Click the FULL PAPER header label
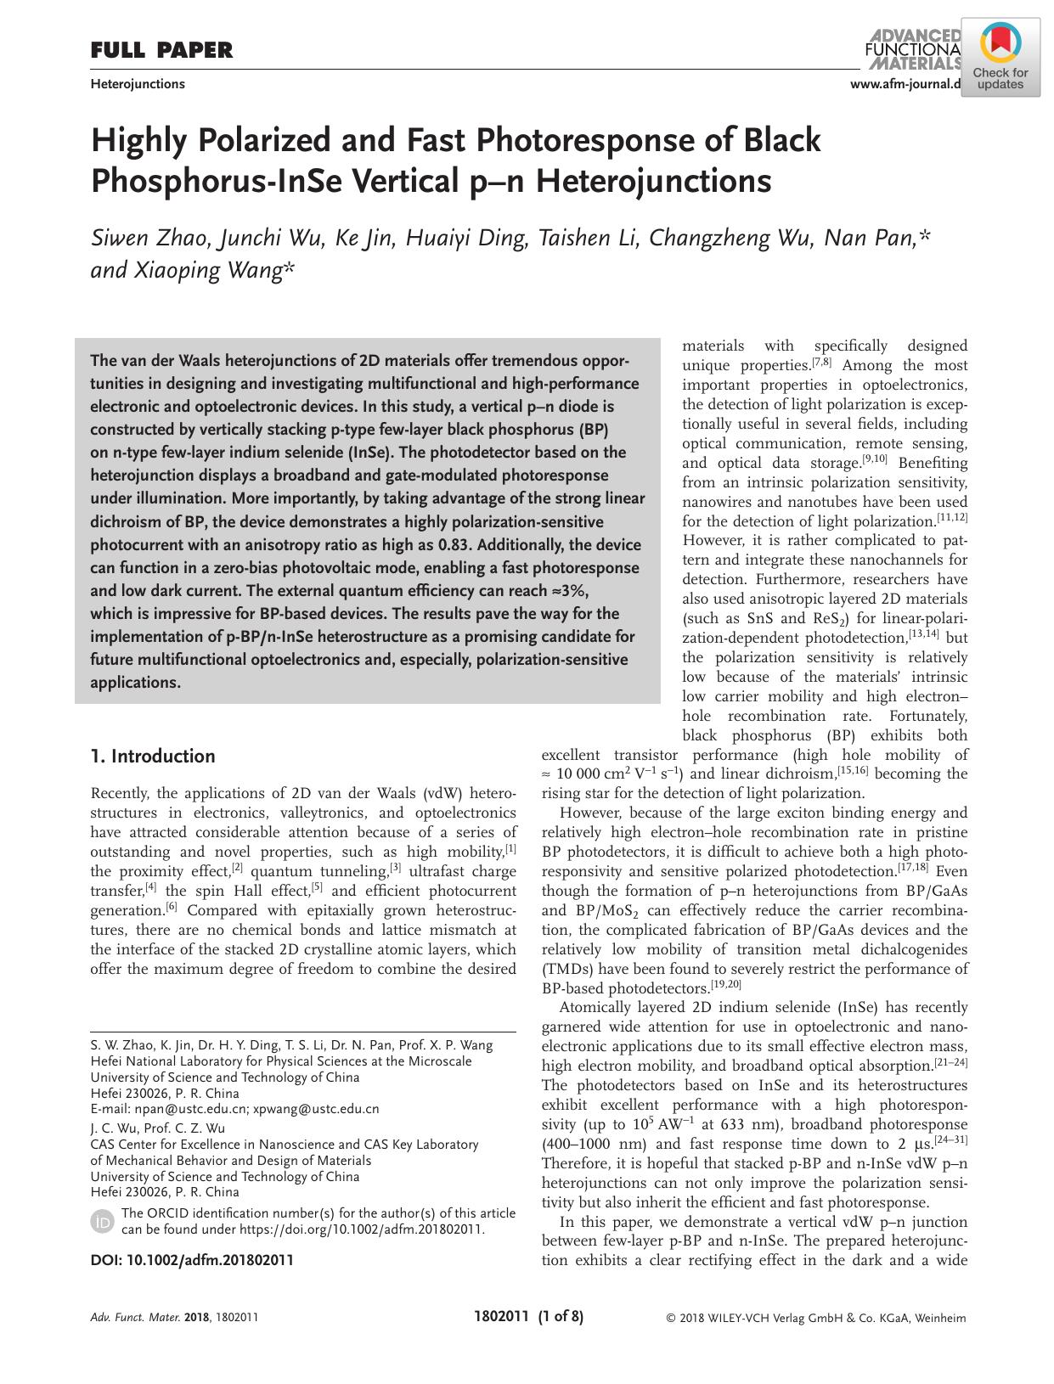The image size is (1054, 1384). (161, 51)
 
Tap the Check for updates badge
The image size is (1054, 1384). (1000, 59)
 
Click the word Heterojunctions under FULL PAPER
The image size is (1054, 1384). (138, 84)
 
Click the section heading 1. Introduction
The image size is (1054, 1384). (153, 757)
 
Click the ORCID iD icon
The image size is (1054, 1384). (101, 1222)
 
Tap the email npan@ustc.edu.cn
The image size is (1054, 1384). (190, 1109)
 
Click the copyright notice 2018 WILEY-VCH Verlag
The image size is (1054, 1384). (815, 1318)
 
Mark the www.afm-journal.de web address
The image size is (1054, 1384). (905, 83)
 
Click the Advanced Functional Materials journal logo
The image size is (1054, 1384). (913, 49)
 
